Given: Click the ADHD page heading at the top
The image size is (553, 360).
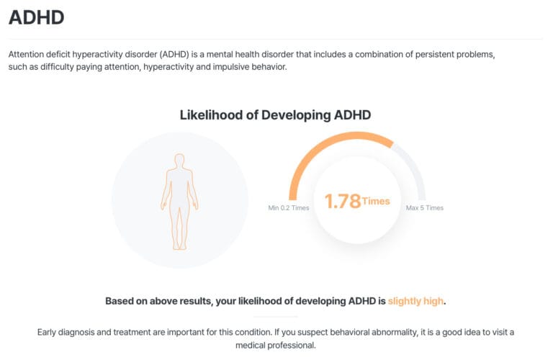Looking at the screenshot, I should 36,17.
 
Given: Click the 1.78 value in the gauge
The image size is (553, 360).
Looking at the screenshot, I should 342,202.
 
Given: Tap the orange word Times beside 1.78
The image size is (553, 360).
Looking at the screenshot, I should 376,201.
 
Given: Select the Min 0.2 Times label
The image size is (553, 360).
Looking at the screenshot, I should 289,208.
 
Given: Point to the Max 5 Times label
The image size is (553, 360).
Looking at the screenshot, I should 425,208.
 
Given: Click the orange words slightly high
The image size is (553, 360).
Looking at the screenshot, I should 415,301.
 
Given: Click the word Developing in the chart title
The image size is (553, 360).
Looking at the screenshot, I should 296,114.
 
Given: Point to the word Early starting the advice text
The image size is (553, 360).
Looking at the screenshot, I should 48,332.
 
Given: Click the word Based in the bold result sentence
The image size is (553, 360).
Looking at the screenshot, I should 120,301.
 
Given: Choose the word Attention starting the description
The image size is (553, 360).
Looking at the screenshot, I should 29,55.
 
